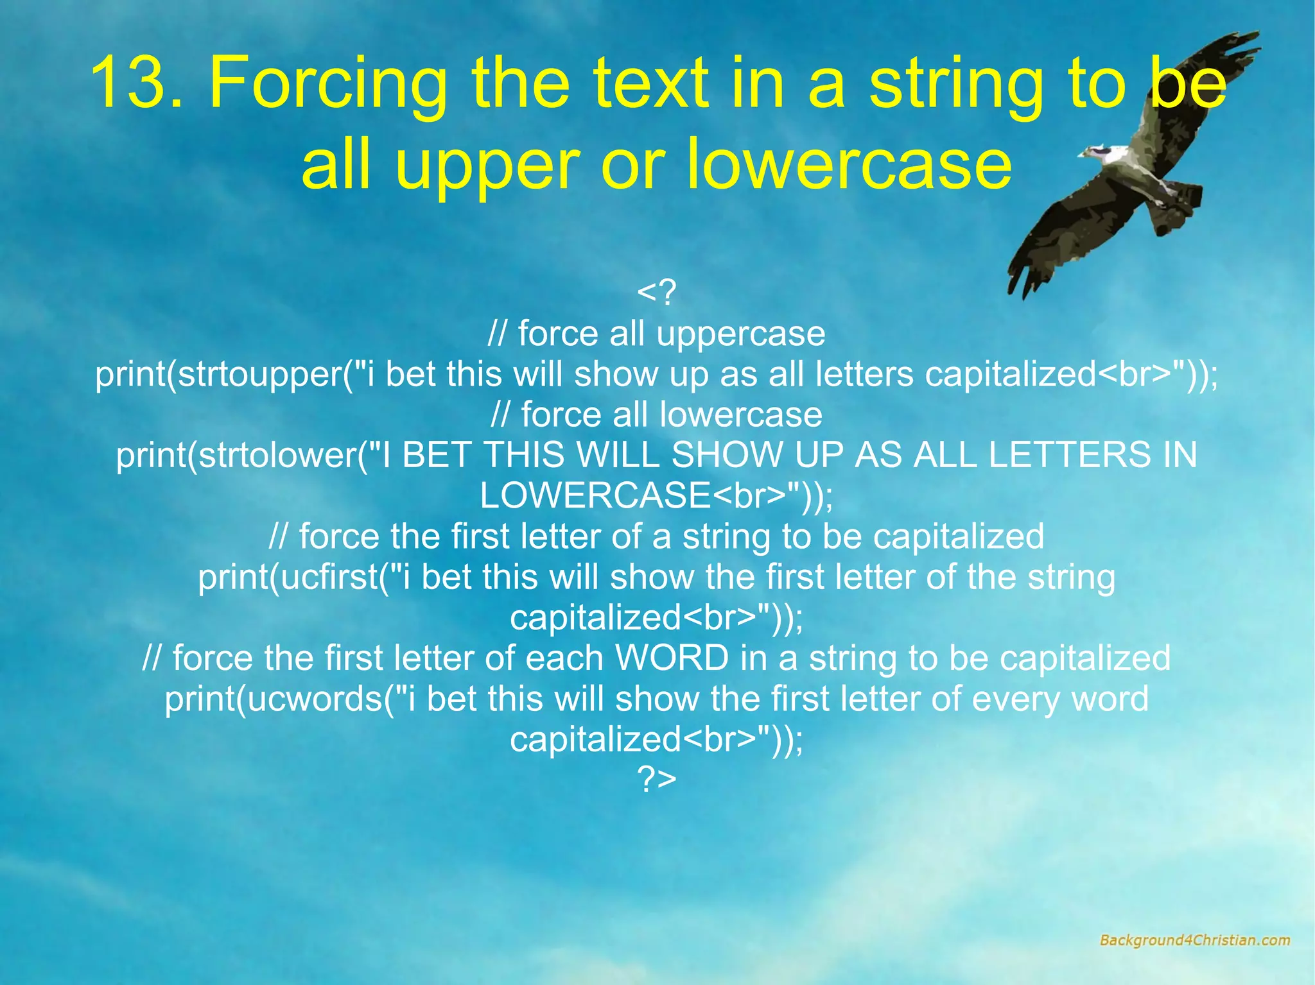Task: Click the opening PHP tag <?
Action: (656, 293)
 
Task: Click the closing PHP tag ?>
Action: (656, 779)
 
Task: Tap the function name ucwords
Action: (315, 699)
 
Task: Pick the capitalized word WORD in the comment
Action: (672, 658)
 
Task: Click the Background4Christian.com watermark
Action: (1194, 941)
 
